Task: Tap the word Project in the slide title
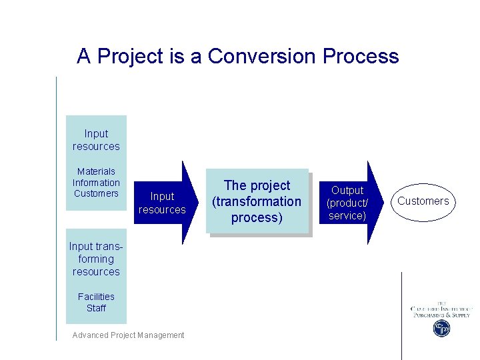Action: tap(131, 56)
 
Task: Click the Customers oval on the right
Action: tap(423, 201)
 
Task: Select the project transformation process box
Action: tap(257, 201)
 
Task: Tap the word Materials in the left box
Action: tap(96, 171)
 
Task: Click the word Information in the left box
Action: tap(96, 183)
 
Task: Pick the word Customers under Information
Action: tap(96, 194)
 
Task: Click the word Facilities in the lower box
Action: tap(96, 297)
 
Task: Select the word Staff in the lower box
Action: tap(96, 308)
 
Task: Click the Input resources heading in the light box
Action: tap(96, 140)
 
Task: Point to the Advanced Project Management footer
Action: tap(128, 335)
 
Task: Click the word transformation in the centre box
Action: tap(257, 201)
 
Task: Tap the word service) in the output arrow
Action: tap(347, 215)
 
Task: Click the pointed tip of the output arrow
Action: tap(384, 203)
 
